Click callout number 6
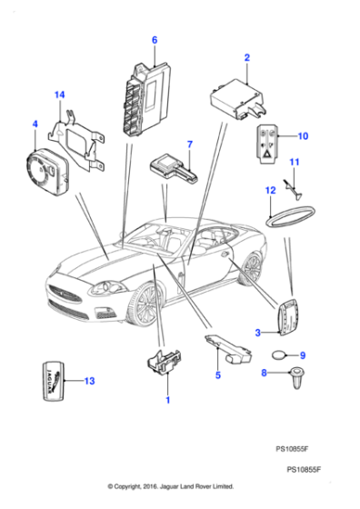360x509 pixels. [x=155, y=40]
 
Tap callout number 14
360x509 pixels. [x=59, y=95]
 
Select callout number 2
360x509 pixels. [x=246, y=58]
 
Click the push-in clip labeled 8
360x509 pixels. [x=295, y=378]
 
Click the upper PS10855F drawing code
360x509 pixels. [x=297, y=448]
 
